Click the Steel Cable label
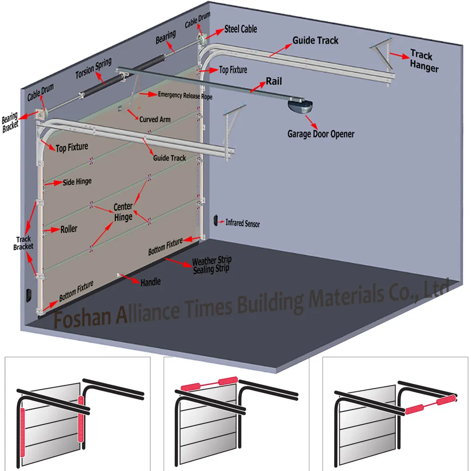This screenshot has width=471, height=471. (240, 29)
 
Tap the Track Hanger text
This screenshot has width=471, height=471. (424, 61)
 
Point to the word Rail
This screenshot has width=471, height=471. (274, 81)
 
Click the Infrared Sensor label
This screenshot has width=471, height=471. (243, 224)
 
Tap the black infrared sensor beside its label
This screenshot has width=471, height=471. (215, 220)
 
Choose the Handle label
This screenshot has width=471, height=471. (150, 282)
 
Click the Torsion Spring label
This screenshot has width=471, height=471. (93, 68)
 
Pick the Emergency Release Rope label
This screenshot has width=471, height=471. (185, 95)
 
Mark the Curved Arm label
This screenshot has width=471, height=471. (155, 120)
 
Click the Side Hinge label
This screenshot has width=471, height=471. (77, 182)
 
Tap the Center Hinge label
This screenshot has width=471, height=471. (123, 212)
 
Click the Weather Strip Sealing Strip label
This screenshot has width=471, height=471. (211, 265)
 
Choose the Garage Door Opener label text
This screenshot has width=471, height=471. (321, 133)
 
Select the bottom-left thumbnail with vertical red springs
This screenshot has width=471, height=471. (77, 413)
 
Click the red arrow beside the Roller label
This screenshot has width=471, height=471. (53, 230)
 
